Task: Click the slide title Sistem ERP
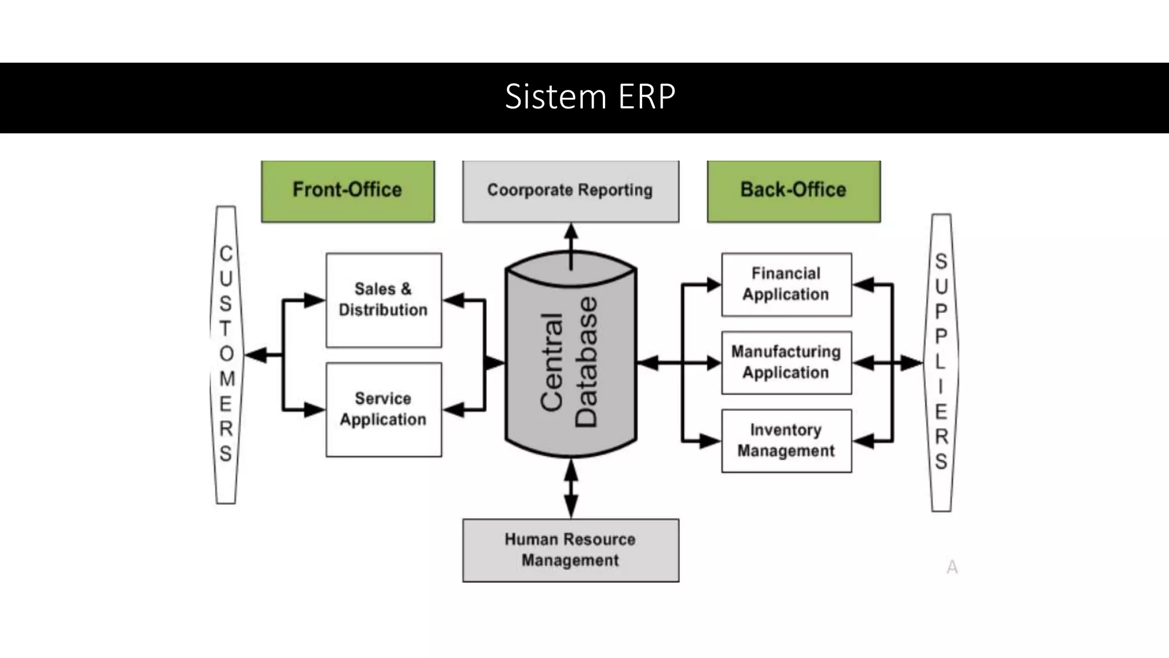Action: pos(590,97)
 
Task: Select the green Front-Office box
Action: pos(348,191)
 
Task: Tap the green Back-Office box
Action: pos(793,191)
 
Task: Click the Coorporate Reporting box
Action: pos(570,191)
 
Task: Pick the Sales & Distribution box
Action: pos(384,300)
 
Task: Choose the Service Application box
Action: pos(384,409)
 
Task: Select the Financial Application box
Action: pos(786,284)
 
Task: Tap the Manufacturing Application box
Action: pos(786,362)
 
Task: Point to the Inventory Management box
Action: pos(786,440)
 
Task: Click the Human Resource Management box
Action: pos(570,550)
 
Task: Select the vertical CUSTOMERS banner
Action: pos(226,354)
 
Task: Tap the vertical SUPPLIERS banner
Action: pos(941,362)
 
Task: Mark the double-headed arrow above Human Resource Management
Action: pos(571,488)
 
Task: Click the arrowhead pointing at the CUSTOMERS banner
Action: pos(256,355)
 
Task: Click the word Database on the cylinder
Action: pos(586,362)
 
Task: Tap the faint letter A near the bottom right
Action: pos(952,567)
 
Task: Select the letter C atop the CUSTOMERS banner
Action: pos(226,253)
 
